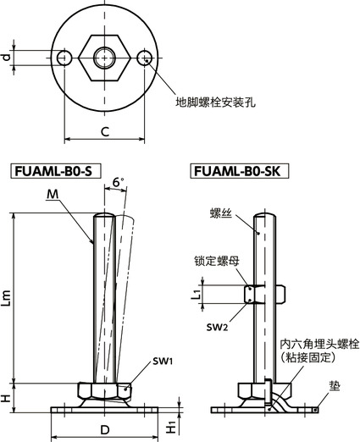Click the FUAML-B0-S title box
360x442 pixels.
[54, 171]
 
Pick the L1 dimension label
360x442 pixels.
[197, 293]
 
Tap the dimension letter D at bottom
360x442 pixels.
[105, 430]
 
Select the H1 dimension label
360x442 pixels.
[171, 428]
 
